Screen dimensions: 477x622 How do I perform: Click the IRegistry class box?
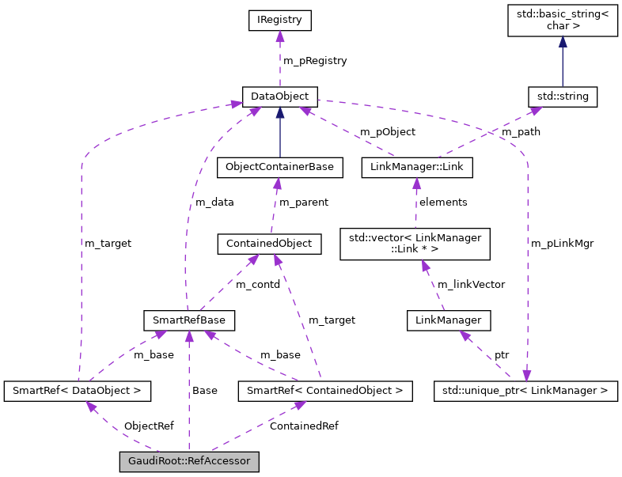pyautogui.click(x=279, y=21)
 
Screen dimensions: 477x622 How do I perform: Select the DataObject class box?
pyautogui.click(x=279, y=97)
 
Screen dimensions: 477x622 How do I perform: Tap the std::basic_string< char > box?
pyautogui.click(x=562, y=21)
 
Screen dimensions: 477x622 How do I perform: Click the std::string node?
pyautogui.click(x=562, y=97)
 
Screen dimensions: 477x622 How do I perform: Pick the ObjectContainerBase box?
pyautogui.click(x=279, y=168)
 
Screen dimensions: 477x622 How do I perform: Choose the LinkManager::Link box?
pyautogui.click(x=416, y=168)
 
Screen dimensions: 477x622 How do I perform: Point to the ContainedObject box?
pyautogui.click(x=269, y=244)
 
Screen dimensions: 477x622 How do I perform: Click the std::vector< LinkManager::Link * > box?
pyautogui.click(x=415, y=244)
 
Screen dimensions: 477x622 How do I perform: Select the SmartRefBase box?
pyautogui.click(x=189, y=320)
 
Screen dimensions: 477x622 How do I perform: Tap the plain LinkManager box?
pyautogui.click(x=449, y=320)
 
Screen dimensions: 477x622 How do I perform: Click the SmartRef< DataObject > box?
pyautogui.click(x=78, y=390)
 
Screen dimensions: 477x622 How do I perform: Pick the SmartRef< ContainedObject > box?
pyautogui.click(x=325, y=390)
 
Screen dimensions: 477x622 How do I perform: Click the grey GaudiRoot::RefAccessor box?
pyautogui.click(x=189, y=460)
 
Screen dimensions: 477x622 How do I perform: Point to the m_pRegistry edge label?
pyautogui.click(x=315, y=60)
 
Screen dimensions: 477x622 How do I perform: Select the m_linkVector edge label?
pyautogui.click(x=471, y=284)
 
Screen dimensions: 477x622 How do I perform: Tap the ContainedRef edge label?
pyautogui.click(x=304, y=426)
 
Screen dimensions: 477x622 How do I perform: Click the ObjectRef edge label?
pyautogui.click(x=148, y=426)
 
